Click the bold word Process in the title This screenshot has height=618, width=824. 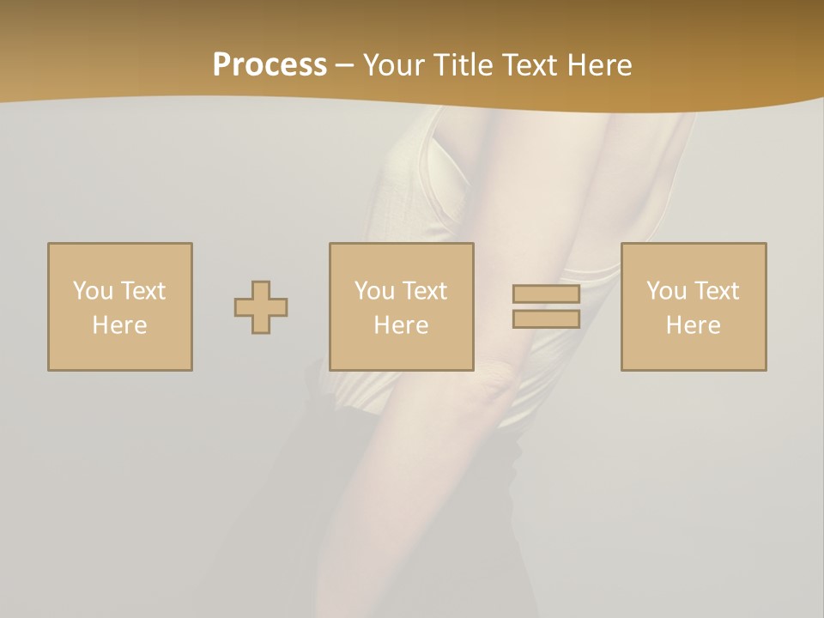270,65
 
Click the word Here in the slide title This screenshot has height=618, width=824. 601,65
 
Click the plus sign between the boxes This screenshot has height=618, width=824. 261,307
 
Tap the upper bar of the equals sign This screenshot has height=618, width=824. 546,294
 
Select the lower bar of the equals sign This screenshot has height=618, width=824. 546,319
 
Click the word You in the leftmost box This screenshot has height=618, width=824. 93,291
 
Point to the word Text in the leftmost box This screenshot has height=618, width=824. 142,291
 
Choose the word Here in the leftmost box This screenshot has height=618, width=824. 119,325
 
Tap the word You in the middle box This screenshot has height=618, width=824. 374,291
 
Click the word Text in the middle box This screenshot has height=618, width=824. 424,291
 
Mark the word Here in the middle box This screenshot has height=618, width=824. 401,325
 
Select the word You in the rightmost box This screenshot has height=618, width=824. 666,291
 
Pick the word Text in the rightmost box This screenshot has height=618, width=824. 716,291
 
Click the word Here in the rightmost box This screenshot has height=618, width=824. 693,325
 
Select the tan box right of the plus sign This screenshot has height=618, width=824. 401,257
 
